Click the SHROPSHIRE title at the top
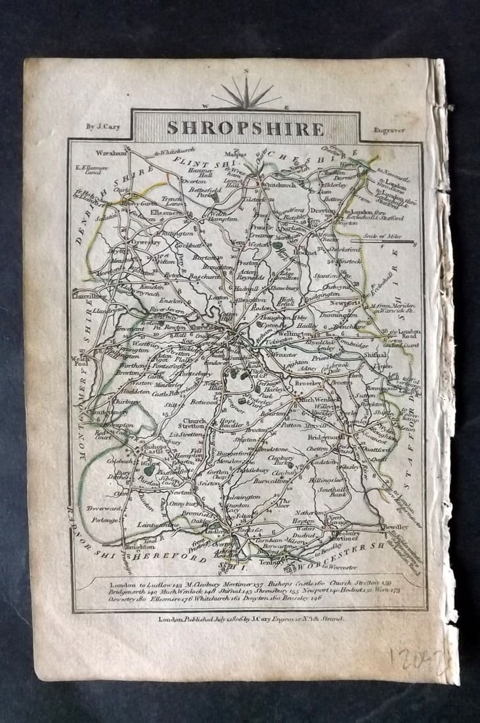coord(245,128)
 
